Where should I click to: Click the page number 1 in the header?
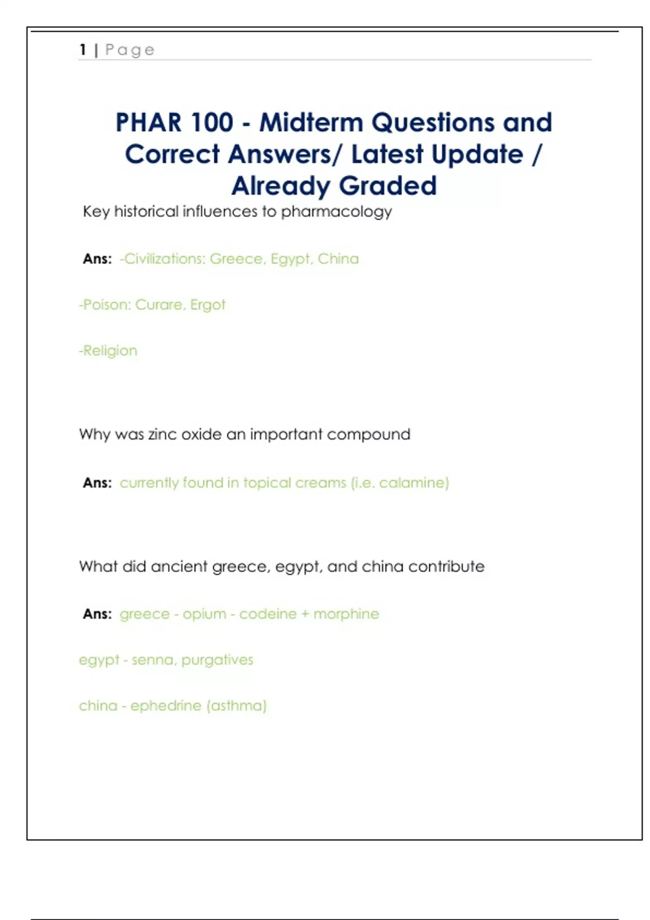tap(83, 50)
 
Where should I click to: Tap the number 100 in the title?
tap(211, 122)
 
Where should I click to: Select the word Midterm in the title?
tap(311, 122)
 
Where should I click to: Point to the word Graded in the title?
tap(388, 186)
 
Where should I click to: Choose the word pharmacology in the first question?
tap(336, 212)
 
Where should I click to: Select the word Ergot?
tap(207, 305)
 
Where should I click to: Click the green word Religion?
tap(110, 351)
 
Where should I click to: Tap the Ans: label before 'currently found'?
tap(97, 483)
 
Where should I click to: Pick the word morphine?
tap(346, 614)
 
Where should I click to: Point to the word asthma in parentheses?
tap(237, 706)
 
